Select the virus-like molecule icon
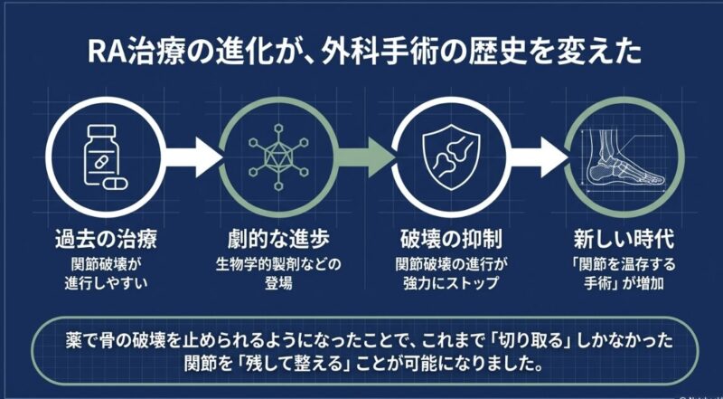point(278,157)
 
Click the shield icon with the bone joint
point(449,157)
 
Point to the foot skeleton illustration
point(624,157)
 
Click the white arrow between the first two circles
point(192,157)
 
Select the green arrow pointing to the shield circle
point(365,157)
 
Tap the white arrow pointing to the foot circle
point(538,157)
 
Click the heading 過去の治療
point(106,241)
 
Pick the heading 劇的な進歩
point(278,241)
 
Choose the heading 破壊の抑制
point(450,241)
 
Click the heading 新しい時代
point(624,241)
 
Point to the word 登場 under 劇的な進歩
point(278,282)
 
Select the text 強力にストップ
point(450,282)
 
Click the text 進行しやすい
point(106,282)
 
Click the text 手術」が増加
point(624,282)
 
